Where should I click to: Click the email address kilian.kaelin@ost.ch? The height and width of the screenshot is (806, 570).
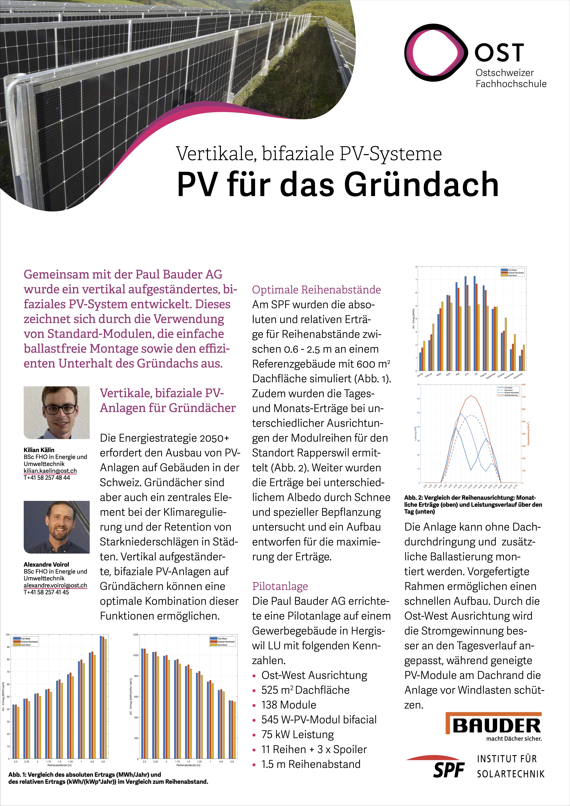click(50, 471)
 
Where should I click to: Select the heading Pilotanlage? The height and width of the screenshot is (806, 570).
click(280, 586)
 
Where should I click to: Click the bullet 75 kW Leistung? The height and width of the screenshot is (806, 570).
click(297, 734)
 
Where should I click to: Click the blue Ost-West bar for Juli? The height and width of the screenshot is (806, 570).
click(475, 323)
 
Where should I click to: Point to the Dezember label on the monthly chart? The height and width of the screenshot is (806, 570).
click(518, 376)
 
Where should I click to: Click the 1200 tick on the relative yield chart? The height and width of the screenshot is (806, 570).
click(136, 635)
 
